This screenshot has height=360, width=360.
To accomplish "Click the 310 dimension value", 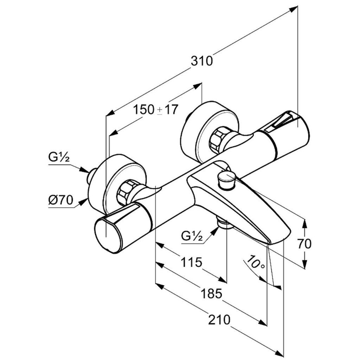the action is point(202,61).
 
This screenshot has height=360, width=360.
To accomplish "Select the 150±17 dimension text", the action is point(156,110).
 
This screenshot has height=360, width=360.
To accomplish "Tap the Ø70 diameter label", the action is point(60,200).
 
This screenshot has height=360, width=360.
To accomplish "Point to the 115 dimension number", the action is point(191,262).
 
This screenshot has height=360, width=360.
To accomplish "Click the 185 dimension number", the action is point(211,294).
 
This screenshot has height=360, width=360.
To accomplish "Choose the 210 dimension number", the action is point(219,320).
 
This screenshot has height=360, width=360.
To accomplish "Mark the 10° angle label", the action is point(255,262).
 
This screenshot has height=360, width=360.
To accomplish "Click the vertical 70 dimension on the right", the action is point(304,244).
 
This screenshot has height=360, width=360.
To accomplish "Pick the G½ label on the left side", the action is point(59,157).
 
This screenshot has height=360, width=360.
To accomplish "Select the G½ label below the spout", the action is point(192,236).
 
